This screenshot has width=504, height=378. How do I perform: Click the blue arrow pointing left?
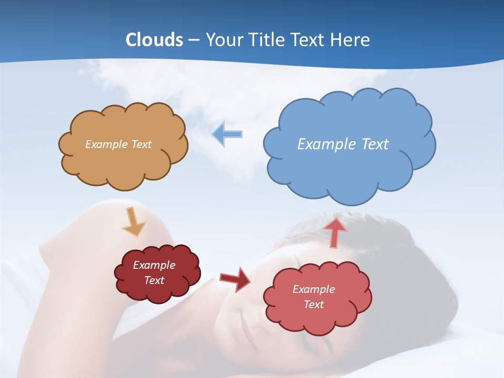(227, 134)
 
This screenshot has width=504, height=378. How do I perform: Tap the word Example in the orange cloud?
(105, 144)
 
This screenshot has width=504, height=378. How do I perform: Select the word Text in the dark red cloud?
(154, 280)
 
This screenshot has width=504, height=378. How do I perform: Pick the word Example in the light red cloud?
(313, 289)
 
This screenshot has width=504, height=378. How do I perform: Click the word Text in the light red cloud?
(313, 304)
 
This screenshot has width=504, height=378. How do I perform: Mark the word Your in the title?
(224, 40)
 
